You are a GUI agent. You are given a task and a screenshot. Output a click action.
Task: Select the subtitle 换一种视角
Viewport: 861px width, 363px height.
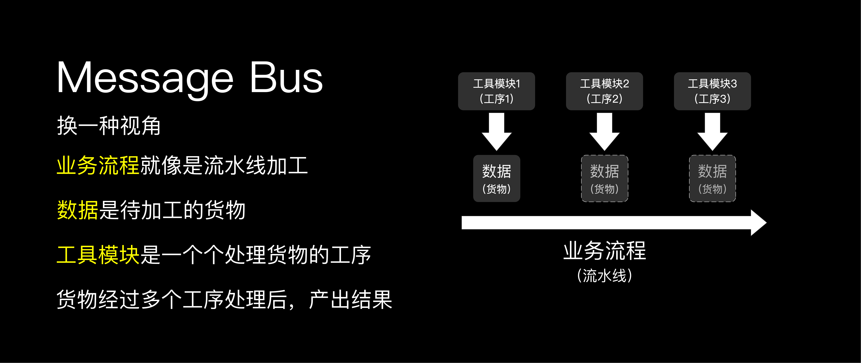(x=109, y=126)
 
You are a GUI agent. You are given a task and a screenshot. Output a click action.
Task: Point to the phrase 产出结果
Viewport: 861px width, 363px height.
(x=350, y=299)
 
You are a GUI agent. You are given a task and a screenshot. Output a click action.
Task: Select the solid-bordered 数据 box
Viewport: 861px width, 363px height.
(x=496, y=178)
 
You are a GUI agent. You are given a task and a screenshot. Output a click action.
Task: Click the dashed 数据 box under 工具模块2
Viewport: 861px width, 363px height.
(x=604, y=178)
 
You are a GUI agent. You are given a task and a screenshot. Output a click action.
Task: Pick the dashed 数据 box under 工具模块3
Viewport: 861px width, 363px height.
(x=712, y=178)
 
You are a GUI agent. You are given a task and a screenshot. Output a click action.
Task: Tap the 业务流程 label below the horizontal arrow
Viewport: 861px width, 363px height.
(x=604, y=251)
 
